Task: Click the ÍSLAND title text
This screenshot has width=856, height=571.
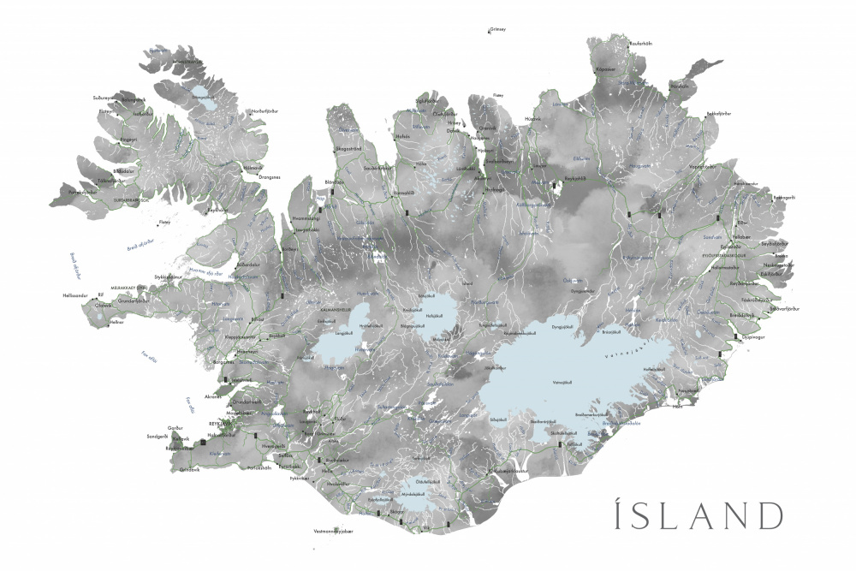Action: tap(686, 516)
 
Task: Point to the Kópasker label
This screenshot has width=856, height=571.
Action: tap(606, 68)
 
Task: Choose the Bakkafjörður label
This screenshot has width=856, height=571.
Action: tap(718, 113)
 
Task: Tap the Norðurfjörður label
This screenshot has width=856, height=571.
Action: tap(265, 110)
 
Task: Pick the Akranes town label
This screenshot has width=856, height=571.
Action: tap(213, 396)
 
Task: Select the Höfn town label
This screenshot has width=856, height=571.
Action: tap(677, 407)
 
